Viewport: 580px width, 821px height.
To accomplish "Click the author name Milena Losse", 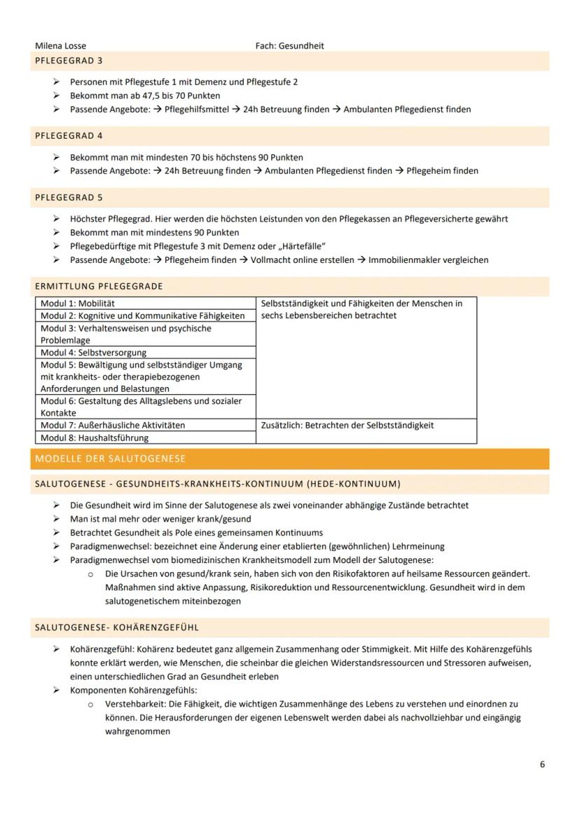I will pos(60,46).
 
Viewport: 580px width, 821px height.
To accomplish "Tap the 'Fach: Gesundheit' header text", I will pos(289,46).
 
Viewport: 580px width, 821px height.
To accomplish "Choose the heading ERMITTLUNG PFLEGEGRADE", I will pos(99,286).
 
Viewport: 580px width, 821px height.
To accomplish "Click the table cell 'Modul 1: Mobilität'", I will pos(78,304).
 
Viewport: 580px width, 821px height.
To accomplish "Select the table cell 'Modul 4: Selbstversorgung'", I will pos(93,353).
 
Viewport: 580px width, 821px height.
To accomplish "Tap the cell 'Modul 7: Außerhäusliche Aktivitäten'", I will pos(113,426).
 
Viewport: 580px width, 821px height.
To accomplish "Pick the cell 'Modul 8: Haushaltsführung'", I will pos(95,438).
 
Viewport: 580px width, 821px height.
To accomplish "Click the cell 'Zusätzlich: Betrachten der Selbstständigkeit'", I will pos(347,426).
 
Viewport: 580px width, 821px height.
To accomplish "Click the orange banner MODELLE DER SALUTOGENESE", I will pos(110,459).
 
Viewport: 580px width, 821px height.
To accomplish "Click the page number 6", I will pos(542,764).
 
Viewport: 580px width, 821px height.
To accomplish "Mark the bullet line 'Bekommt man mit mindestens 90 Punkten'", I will pos(154,233).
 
